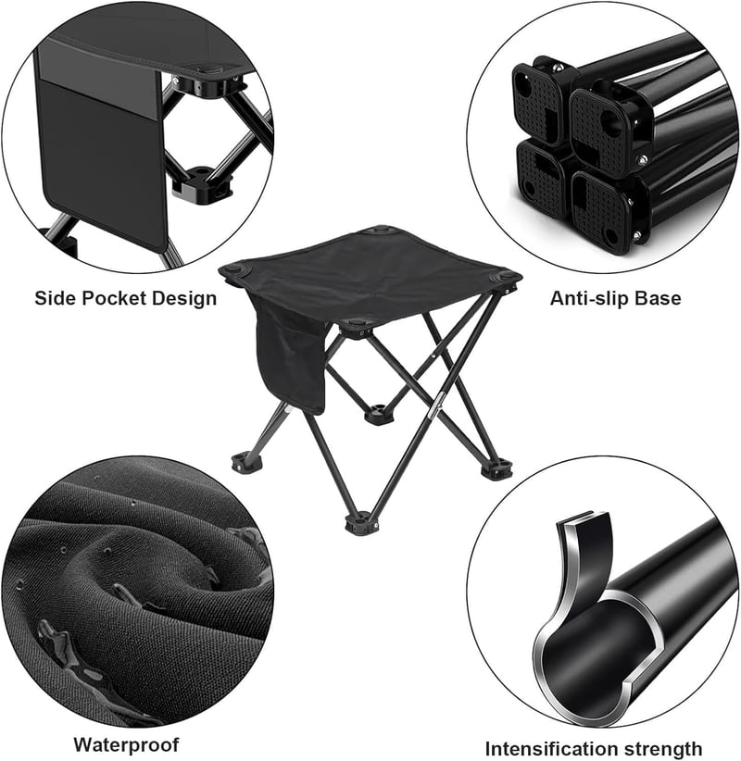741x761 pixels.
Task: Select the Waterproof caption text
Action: (126, 744)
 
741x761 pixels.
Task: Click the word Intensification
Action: (546, 748)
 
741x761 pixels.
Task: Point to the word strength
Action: (657, 749)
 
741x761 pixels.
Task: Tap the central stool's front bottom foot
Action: (361, 524)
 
